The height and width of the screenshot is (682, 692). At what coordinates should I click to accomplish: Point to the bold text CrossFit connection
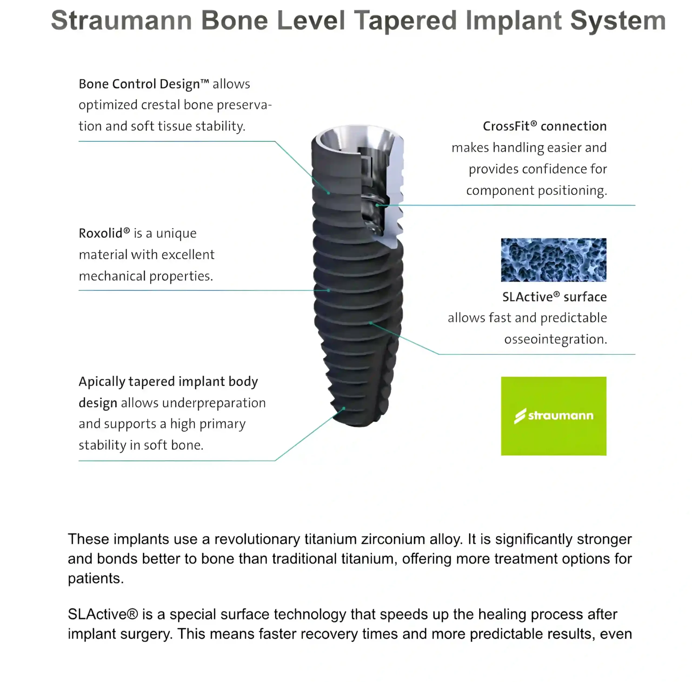click(544, 127)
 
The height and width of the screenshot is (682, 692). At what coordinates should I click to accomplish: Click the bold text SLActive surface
click(554, 297)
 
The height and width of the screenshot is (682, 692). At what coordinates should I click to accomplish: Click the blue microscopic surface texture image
click(553, 260)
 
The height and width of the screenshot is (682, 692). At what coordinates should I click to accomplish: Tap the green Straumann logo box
click(553, 416)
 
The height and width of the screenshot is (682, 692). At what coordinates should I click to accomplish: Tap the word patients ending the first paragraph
click(95, 578)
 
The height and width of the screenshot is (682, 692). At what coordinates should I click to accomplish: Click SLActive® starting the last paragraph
click(103, 614)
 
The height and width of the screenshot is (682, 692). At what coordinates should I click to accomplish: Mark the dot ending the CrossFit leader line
click(377, 205)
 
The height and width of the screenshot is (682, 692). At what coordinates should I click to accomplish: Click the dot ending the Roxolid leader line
click(328, 290)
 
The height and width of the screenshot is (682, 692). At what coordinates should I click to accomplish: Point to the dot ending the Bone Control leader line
click(328, 193)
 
